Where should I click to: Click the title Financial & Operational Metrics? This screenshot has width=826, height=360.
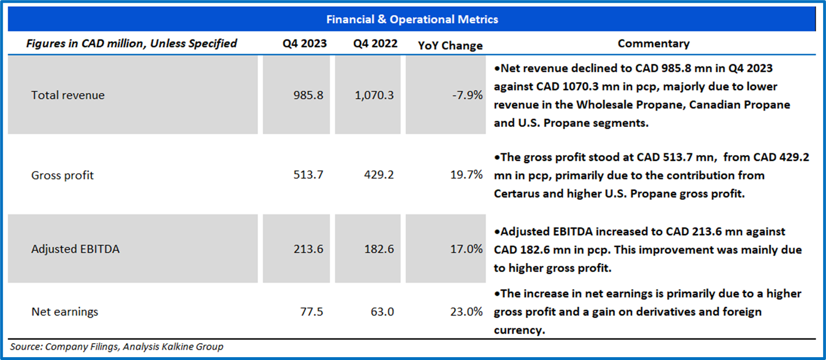pyautogui.click(x=412, y=20)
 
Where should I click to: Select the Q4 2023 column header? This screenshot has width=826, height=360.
pyautogui.click(x=305, y=44)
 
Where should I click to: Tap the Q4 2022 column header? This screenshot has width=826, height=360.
pyautogui.click(x=376, y=44)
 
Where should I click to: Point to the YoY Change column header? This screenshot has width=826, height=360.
pyautogui.click(x=450, y=46)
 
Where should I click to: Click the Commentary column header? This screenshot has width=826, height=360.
pyautogui.click(x=653, y=43)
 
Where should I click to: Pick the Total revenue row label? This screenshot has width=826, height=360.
pyautogui.click(x=68, y=95)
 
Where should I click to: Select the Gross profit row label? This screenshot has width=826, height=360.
pyautogui.click(x=62, y=175)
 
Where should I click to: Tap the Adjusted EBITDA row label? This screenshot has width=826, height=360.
pyautogui.click(x=75, y=249)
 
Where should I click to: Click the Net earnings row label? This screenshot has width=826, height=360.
pyautogui.click(x=64, y=311)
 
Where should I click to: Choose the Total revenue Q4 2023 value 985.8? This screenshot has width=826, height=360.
pyautogui.click(x=309, y=95)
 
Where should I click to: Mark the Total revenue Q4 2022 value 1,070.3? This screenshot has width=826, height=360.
pyautogui.click(x=375, y=95)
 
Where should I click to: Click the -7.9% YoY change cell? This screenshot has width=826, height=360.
pyautogui.click(x=467, y=95)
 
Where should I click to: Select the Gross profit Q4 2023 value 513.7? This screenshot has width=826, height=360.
pyautogui.click(x=309, y=175)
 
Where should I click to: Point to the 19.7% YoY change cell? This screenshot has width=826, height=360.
pyautogui.click(x=466, y=175)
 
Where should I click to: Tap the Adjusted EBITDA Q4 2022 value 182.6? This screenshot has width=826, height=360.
pyautogui.click(x=379, y=249)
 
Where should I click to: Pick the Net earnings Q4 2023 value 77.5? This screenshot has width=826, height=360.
pyautogui.click(x=311, y=311)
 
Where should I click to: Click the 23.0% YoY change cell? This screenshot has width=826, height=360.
pyautogui.click(x=466, y=311)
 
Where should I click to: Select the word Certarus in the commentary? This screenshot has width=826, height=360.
pyautogui.click(x=517, y=193)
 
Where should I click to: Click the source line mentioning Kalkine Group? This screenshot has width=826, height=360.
pyautogui.click(x=117, y=346)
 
